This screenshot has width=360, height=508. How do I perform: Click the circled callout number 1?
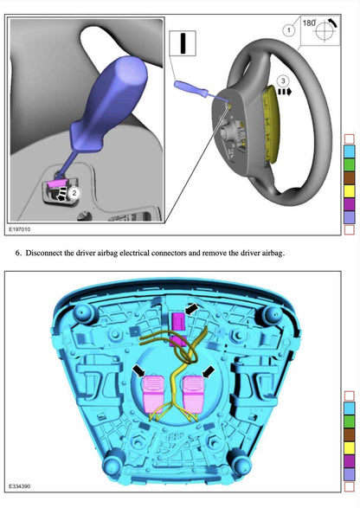point(288,30)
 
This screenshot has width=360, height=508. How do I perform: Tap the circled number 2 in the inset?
point(74,194)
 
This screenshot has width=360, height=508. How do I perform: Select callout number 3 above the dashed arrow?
point(282,80)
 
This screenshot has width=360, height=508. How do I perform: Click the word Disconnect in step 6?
point(48,254)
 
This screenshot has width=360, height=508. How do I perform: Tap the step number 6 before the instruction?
point(18,254)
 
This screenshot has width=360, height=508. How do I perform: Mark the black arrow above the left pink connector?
point(139,370)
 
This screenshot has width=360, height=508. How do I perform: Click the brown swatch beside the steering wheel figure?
point(349,177)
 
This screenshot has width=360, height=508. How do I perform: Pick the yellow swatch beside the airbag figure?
point(350,447)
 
